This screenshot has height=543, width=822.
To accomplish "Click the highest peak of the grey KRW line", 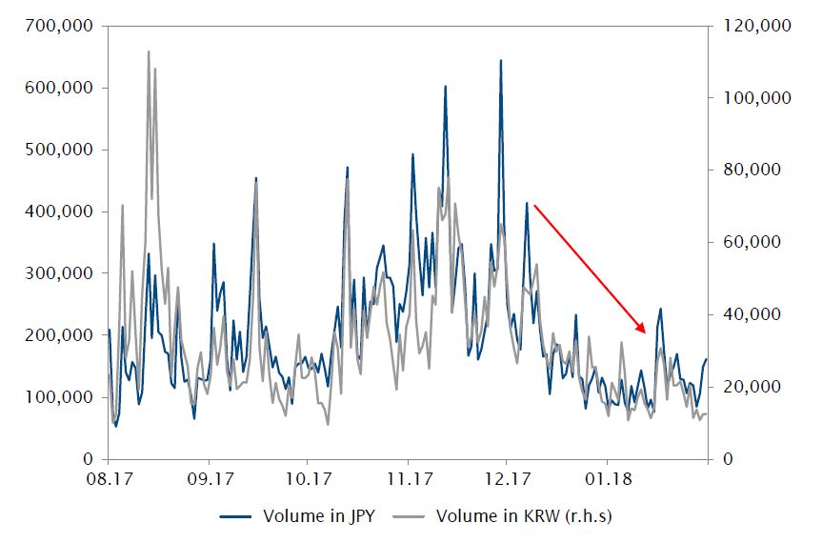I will point(149,52).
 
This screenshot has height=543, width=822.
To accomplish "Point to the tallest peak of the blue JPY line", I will point(500,61).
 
